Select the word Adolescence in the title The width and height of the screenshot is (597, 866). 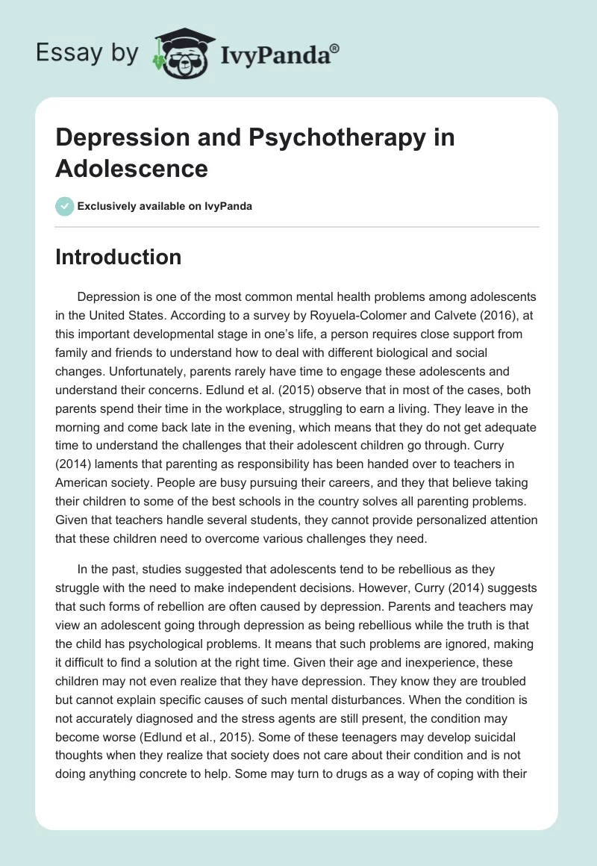(x=131, y=168)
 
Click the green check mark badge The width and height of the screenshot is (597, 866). (x=65, y=206)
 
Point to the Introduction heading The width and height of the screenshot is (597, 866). (x=118, y=257)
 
